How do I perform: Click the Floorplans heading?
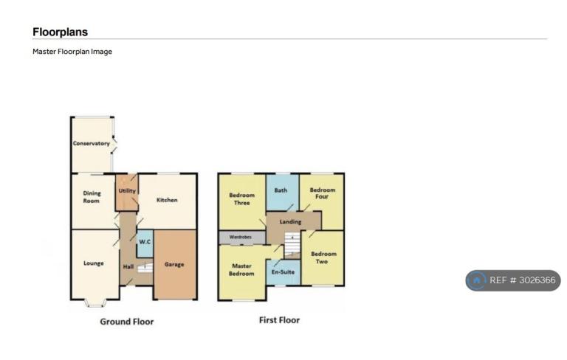tap(60, 32)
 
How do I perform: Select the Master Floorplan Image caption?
tap(72, 52)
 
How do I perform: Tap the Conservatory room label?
tap(91, 144)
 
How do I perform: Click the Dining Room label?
tap(92, 197)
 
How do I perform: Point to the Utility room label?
tap(127, 191)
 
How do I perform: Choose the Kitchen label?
tap(167, 200)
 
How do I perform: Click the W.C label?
tap(145, 241)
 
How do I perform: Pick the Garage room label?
tap(174, 265)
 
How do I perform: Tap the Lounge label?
tap(94, 263)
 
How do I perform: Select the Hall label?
tap(128, 267)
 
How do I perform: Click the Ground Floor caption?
tap(126, 322)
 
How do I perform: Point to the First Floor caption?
tap(279, 320)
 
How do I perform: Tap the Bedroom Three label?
tap(242, 198)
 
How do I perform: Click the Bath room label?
tap(281, 190)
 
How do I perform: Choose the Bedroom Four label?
tap(322, 193)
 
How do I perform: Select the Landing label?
tap(290, 221)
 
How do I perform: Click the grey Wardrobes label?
tap(241, 237)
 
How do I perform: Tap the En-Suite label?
tap(283, 271)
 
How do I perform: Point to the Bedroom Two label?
tap(323, 257)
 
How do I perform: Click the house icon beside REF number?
tap(477, 280)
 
